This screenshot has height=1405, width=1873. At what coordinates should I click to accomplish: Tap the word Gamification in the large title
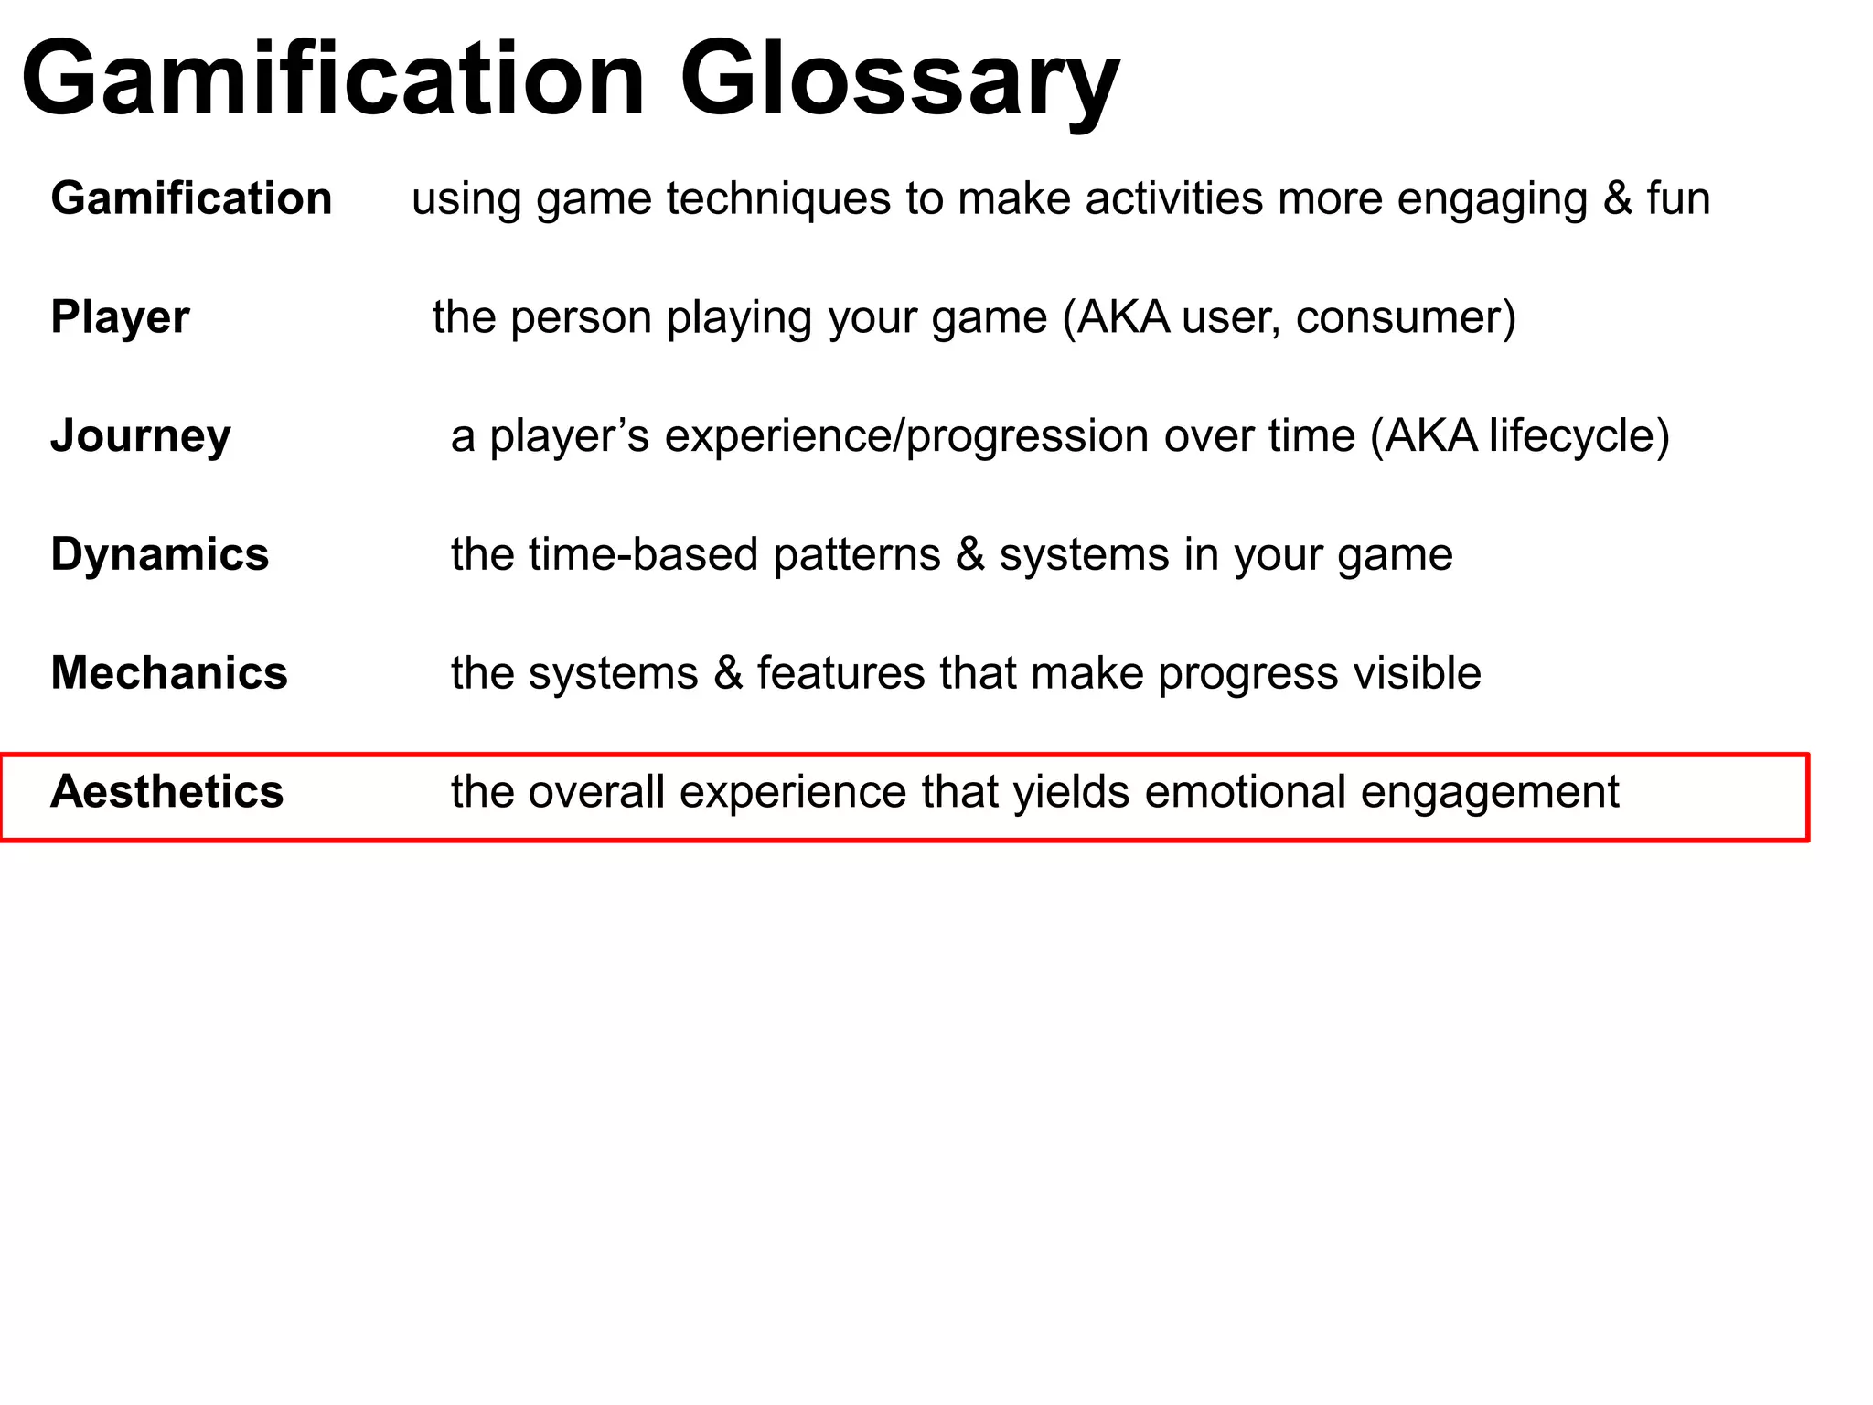click(334, 80)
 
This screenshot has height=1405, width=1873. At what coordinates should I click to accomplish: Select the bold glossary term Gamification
click(191, 198)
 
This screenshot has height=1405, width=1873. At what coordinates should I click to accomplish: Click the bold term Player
click(120, 317)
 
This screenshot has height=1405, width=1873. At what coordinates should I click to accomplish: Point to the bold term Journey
click(140, 436)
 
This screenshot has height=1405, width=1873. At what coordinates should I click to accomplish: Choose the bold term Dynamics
click(159, 554)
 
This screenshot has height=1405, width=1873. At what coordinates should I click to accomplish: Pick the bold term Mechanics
click(169, 673)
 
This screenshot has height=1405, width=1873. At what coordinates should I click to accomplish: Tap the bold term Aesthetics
click(166, 792)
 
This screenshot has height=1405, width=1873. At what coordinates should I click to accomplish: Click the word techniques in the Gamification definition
click(778, 198)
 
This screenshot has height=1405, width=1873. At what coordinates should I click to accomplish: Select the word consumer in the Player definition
click(1406, 317)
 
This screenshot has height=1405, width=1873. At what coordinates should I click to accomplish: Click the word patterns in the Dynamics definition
click(856, 555)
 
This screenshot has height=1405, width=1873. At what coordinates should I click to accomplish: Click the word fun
click(1678, 198)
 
